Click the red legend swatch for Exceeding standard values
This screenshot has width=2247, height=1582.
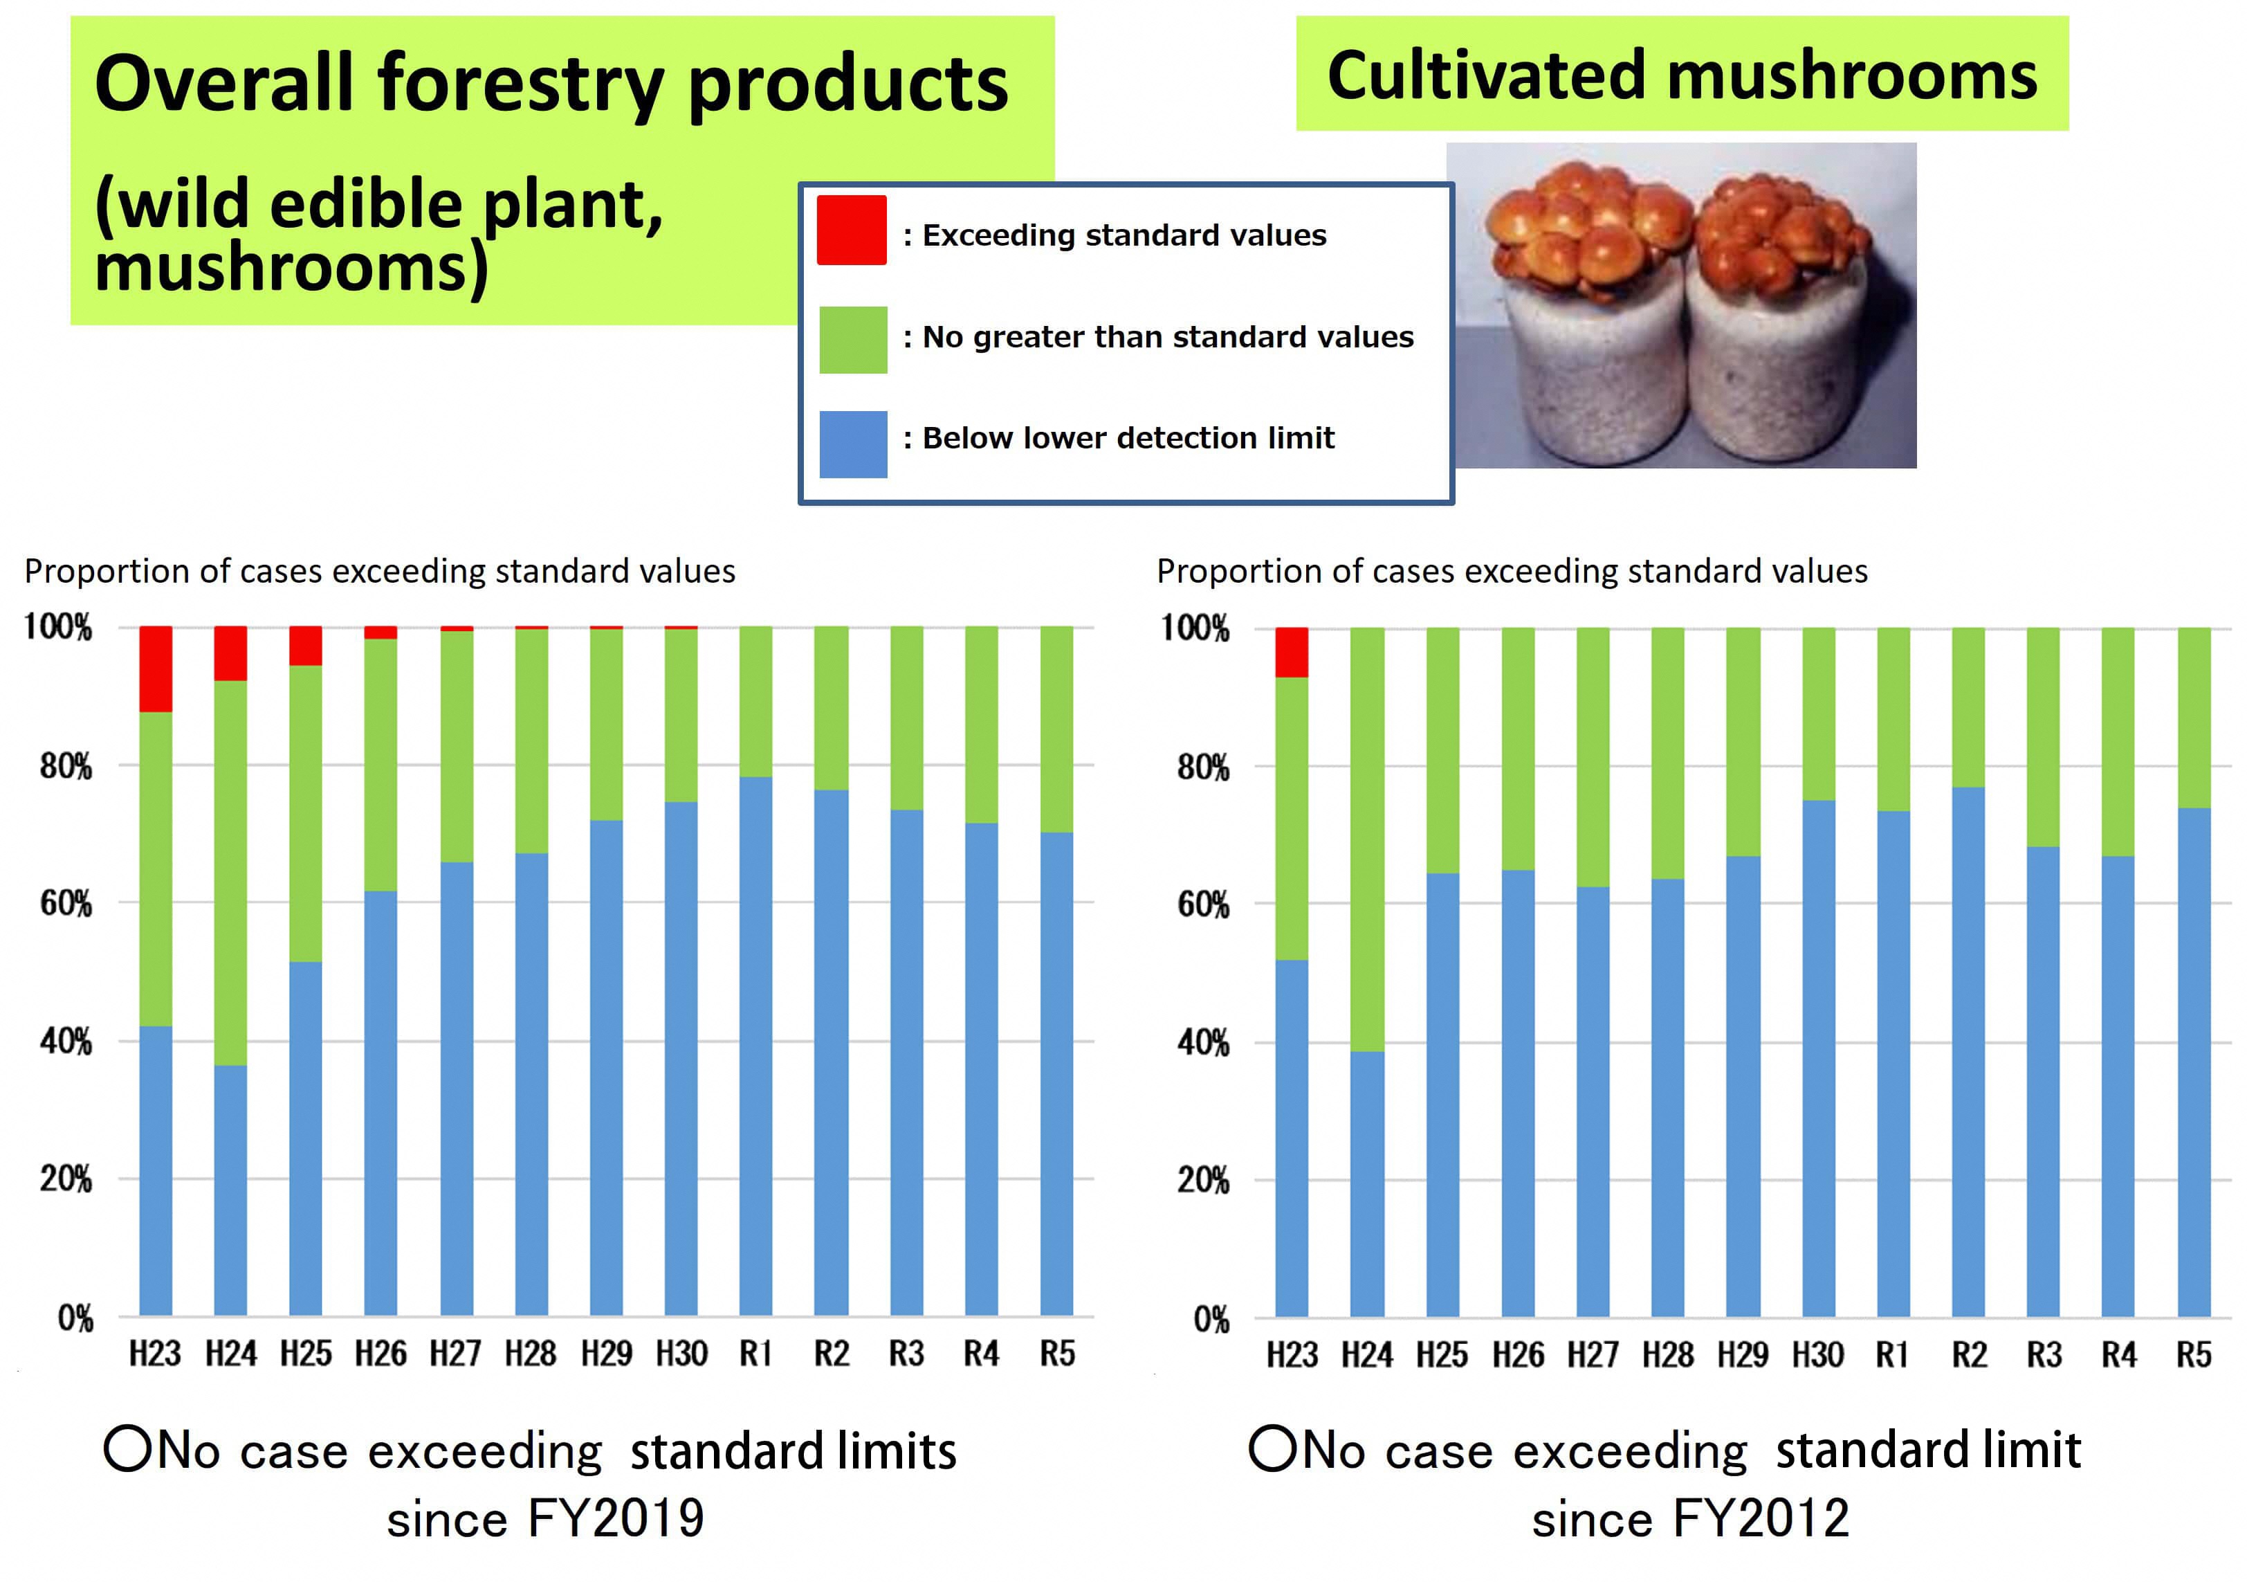(x=852, y=230)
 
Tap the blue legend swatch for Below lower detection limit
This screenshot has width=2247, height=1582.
(x=852, y=444)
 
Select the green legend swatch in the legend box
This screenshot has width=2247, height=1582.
(x=852, y=340)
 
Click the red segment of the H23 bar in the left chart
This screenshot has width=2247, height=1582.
(x=156, y=669)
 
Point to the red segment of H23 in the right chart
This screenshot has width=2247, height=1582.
(x=1291, y=652)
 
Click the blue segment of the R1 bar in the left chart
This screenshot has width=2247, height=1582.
(x=755, y=1046)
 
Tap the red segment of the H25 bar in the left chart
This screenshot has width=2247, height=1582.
(x=305, y=646)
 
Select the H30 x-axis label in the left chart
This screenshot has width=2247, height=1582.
(x=681, y=1354)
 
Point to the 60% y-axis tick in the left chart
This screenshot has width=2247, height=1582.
(x=66, y=902)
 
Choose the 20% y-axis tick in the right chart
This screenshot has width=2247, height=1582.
(x=1203, y=1181)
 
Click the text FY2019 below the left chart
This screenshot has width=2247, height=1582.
(x=616, y=1518)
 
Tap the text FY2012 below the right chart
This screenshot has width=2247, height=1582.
(x=1761, y=1518)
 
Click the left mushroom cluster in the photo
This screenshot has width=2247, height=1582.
(x=1590, y=230)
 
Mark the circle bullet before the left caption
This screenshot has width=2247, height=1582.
(x=127, y=1449)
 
